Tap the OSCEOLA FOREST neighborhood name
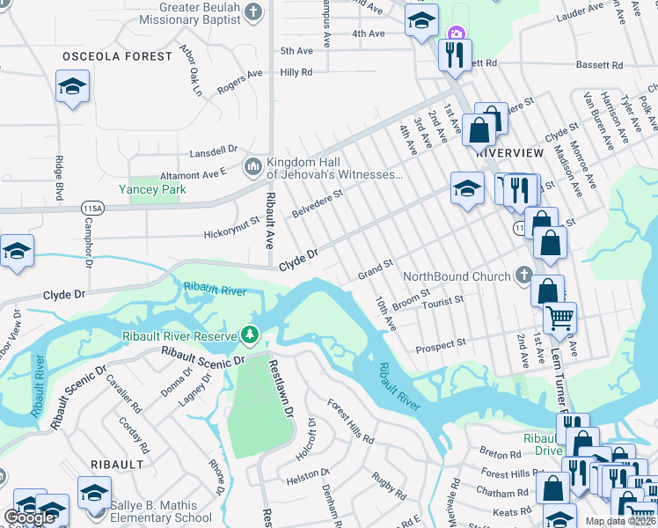[117, 56]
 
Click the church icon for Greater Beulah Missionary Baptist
[254, 12]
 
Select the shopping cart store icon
[559, 317]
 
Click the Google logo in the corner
[30, 517]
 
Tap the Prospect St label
[441, 342]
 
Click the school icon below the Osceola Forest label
[72, 87]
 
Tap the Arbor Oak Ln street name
[190, 70]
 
